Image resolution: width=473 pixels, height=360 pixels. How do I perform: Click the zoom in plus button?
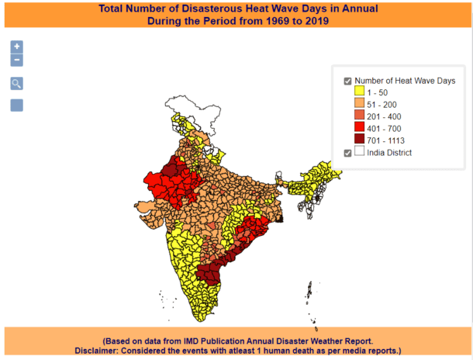pos(16,47)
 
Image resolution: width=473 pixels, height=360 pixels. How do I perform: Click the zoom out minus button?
pos(16,60)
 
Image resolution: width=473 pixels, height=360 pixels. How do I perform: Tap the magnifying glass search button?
pos(16,84)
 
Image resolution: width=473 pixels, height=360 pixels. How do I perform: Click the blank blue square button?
pos(16,105)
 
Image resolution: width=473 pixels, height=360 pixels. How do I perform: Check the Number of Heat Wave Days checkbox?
pos(348,80)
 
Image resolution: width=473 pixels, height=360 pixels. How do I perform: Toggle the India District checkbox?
pos(348,153)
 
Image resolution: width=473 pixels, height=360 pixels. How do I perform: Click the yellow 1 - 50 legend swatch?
pos(359,92)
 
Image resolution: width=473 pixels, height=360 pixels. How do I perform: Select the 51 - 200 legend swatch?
pos(359,104)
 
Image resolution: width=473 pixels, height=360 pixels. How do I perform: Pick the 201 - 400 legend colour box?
pos(359,116)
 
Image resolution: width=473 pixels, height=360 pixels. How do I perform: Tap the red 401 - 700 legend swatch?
pos(359,128)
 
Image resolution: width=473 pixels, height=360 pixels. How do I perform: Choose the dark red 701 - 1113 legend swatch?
pos(359,140)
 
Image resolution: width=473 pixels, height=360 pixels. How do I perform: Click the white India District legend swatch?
pos(359,153)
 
